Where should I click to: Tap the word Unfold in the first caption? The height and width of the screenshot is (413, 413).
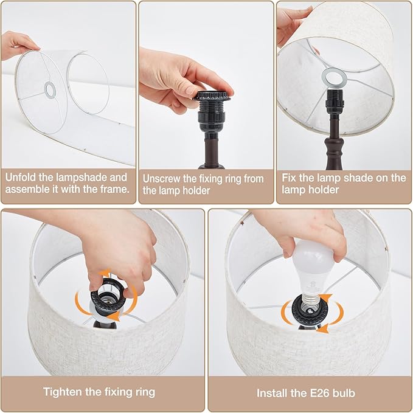pyautogui.click(x=21, y=178)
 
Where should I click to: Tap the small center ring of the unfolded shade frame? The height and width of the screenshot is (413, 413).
pyautogui.click(x=49, y=89)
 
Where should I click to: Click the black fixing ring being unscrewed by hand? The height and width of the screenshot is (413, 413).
pyautogui.click(x=212, y=96)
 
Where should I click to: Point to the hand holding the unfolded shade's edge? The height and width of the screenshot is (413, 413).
pyautogui.click(x=18, y=44)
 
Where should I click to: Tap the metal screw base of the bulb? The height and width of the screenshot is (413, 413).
pyautogui.click(x=311, y=299)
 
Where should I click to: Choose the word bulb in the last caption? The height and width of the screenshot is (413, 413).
pyautogui.click(x=344, y=394)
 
